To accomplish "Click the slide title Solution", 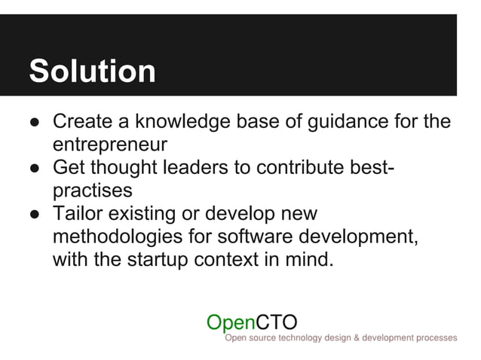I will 92,72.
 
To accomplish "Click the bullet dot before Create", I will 35,122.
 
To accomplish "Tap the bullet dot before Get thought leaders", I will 35,167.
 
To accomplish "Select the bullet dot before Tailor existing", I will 35,214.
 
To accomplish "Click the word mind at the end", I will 308,261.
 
